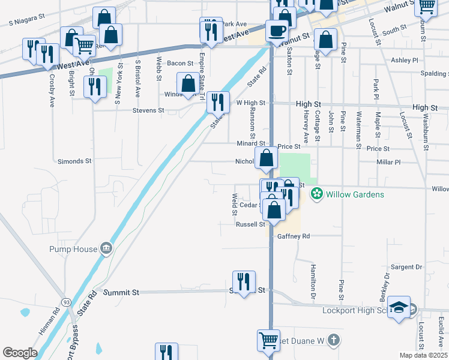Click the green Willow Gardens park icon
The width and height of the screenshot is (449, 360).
tap(316, 194)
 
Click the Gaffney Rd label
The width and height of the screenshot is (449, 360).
tap(294, 236)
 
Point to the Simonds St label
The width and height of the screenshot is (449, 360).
tap(74, 161)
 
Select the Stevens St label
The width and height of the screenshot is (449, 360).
tap(149, 110)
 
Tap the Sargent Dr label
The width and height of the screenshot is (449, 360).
tap(406, 266)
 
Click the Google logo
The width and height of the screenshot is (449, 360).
tap(20, 352)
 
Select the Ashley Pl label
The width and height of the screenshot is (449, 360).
tap(405, 61)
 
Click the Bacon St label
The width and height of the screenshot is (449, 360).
tap(180, 63)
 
